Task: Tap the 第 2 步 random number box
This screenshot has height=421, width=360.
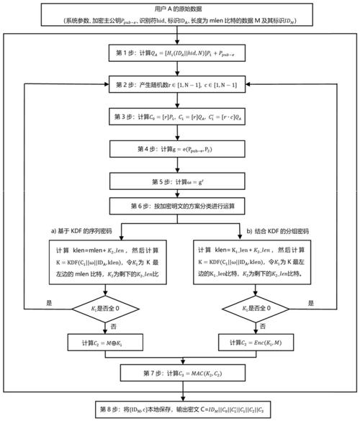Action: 180,86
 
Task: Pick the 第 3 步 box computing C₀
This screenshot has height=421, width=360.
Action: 180,117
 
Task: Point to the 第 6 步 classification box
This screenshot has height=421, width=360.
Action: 180,207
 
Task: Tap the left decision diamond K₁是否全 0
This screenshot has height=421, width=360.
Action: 106,309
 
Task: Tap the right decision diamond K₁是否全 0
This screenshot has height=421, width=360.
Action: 254,309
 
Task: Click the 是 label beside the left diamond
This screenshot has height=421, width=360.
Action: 48,302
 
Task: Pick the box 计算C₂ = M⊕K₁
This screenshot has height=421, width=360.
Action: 106,342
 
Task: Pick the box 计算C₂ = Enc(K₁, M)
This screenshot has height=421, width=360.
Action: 254,342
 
